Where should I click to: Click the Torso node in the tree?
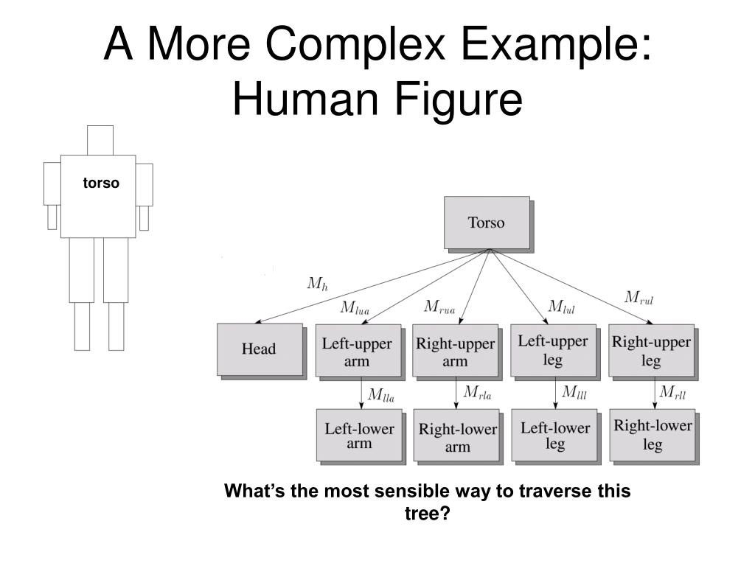pyautogui.click(x=487, y=222)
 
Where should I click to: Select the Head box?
pyautogui.click(x=259, y=349)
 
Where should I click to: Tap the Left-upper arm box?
pyautogui.click(x=358, y=351)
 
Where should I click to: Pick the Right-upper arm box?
pyautogui.click(x=455, y=352)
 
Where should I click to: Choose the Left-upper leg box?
pyautogui.click(x=553, y=350)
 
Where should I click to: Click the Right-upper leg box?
pyautogui.click(x=651, y=351)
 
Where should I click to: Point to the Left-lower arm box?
pyautogui.click(x=359, y=436)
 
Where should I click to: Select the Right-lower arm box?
pyautogui.click(x=457, y=437)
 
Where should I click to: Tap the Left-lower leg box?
pyautogui.click(x=555, y=436)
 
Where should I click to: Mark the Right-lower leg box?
pyautogui.click(x=653, y=435)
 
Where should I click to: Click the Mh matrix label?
pyautogui.click(x=317, y=284)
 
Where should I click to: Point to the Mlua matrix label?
pyautogui.click(x=355, y=308)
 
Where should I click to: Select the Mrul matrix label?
pyautogui.click(x=639, y=298)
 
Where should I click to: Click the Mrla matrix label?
pyautogui.click(x=477, y=393)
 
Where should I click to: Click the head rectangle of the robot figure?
pyautogui.click(x=100, y=140)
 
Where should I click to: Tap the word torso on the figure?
pyautogui.click(x=100, y=183)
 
